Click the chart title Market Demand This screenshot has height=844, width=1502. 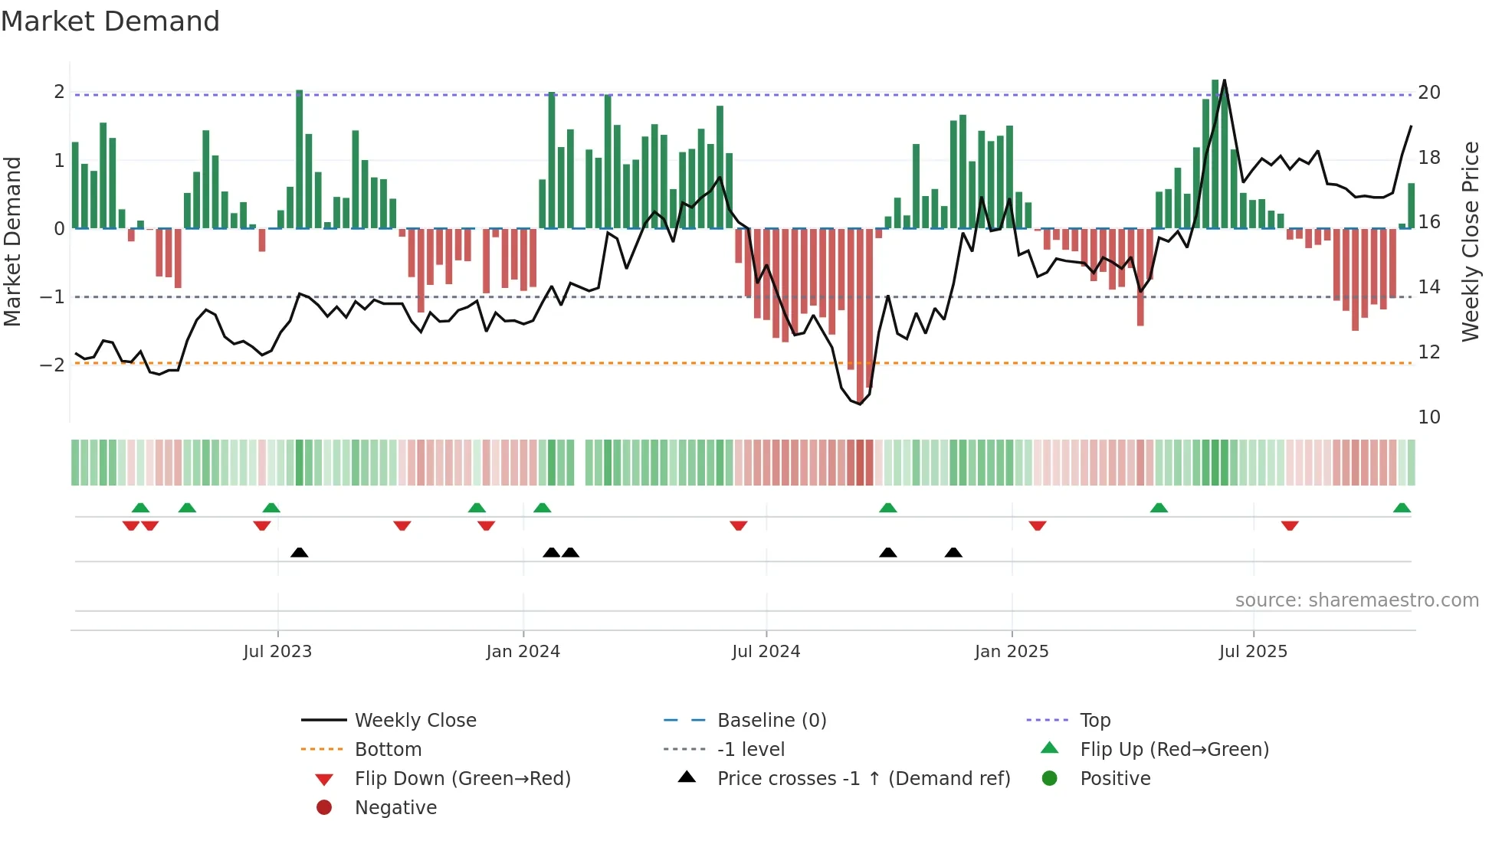coord(110,21)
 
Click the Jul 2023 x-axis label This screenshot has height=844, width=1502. coord(277,652)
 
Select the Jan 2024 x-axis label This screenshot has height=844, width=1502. coord(523,652)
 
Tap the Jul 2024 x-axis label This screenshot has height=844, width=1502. coord(766,652)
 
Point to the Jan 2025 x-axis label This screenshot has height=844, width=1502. coord(1012,652)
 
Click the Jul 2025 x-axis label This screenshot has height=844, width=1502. coord(1253,652)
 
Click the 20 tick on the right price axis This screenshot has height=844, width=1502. coord(1428,93)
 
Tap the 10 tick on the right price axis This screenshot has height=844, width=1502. coord(1428,417)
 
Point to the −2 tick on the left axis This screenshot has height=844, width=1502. coord(52,365)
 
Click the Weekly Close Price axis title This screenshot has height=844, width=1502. coord(1470,241)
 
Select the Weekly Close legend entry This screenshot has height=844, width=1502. coord(415,721)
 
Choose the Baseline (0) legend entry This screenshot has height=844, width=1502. coord(771,721)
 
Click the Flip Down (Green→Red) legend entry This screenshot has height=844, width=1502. coord(462,779)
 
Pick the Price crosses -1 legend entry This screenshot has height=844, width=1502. coord(863,779)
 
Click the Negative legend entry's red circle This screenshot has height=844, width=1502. coord(324,808)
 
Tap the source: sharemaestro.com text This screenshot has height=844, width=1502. coord(1356,600)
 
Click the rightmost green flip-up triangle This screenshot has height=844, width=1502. coord(1402,509)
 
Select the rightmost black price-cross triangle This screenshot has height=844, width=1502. coord(953,553)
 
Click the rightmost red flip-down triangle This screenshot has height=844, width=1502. coord(1290,525)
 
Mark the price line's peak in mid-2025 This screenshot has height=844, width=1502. coord(1224,80)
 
